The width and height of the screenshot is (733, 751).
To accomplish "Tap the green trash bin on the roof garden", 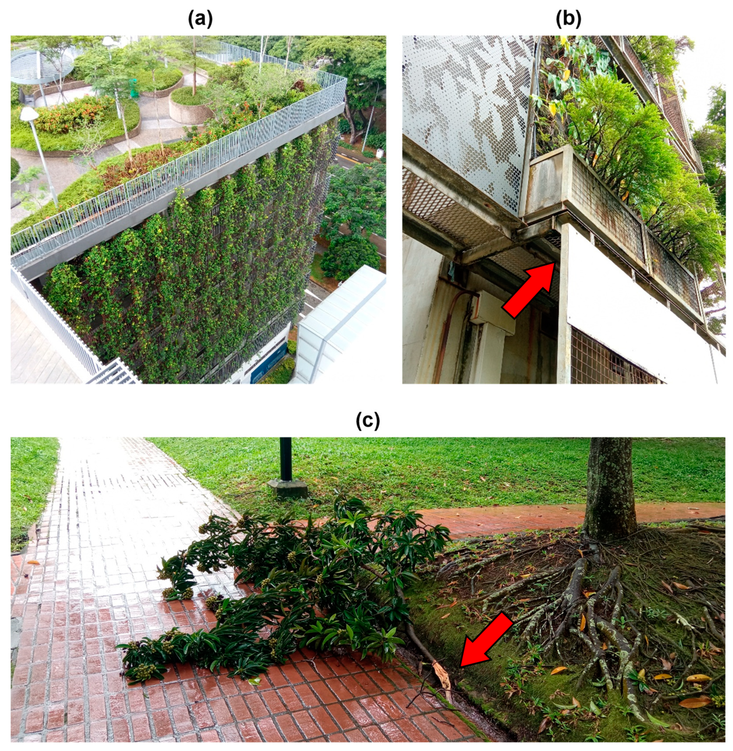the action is pyautogui.click(x=133, y=88).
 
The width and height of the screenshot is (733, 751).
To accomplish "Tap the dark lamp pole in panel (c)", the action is pyautogui.click(x=286, y=459).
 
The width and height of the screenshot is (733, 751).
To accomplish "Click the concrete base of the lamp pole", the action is pyautogui.click(x=287, y=488).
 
